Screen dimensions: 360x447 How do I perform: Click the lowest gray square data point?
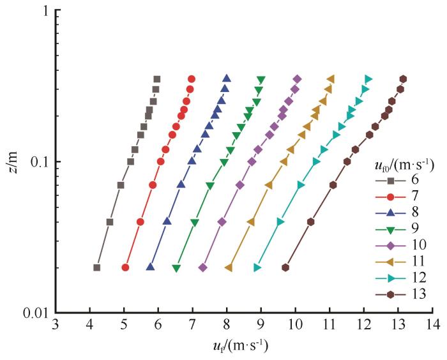(x=97, y=267)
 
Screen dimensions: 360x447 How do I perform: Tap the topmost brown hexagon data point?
(x=403, y=79)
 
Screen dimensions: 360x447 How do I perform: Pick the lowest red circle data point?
(x=125, y=267)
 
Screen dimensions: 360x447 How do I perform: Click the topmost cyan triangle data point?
(x=368, y=79)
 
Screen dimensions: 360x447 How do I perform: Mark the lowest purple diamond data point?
(x=203, y=267)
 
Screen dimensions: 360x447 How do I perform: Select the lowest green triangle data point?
(x=176, y=268)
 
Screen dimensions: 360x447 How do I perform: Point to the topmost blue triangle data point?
(x=227, y=79)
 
